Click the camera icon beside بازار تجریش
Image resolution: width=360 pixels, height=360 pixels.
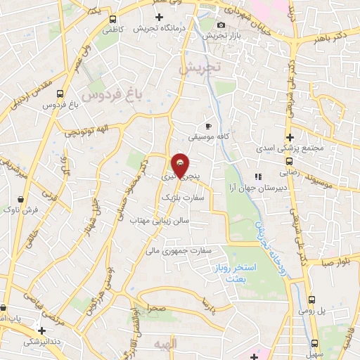202,25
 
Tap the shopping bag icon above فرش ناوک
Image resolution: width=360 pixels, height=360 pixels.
25,199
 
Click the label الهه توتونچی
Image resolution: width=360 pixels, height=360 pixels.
86,132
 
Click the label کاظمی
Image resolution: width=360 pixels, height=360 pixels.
112,30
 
